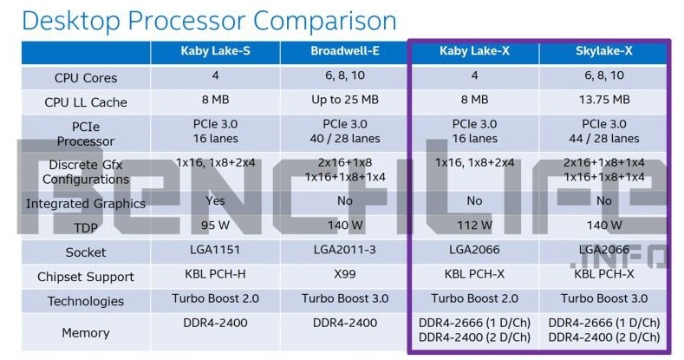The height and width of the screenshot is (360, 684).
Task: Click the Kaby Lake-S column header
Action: [216, 51]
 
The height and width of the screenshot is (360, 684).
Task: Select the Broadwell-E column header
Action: [345, 51]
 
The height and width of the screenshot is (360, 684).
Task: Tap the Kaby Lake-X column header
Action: [474, 51]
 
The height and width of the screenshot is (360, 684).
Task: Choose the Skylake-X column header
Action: [603, 51]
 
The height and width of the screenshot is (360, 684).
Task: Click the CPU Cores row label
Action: [86, 78]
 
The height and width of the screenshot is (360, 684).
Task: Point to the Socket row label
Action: [86, 252]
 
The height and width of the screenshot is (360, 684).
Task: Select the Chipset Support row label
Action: [86, 277]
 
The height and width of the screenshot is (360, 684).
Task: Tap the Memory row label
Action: [86, 333]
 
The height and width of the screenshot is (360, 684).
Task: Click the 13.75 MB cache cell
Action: [604, 100]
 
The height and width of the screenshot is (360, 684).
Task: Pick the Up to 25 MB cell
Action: [345, 100]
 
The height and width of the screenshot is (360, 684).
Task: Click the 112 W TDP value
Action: [474, 226]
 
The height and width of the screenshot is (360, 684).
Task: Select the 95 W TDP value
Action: [216, 226]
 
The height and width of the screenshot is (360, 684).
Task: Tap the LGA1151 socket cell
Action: [216, 250]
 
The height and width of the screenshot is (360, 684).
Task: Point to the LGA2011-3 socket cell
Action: [345, 250]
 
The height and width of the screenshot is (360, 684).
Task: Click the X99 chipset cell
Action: [345, 274]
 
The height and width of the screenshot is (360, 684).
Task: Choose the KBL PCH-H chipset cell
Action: [216, 274]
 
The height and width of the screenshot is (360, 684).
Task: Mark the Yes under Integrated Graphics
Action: [216, 200]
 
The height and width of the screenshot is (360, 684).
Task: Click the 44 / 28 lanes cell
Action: [604, 139]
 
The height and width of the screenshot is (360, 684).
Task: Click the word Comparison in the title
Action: [325, 20]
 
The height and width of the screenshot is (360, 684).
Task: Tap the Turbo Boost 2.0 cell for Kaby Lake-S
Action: [216, 298]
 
